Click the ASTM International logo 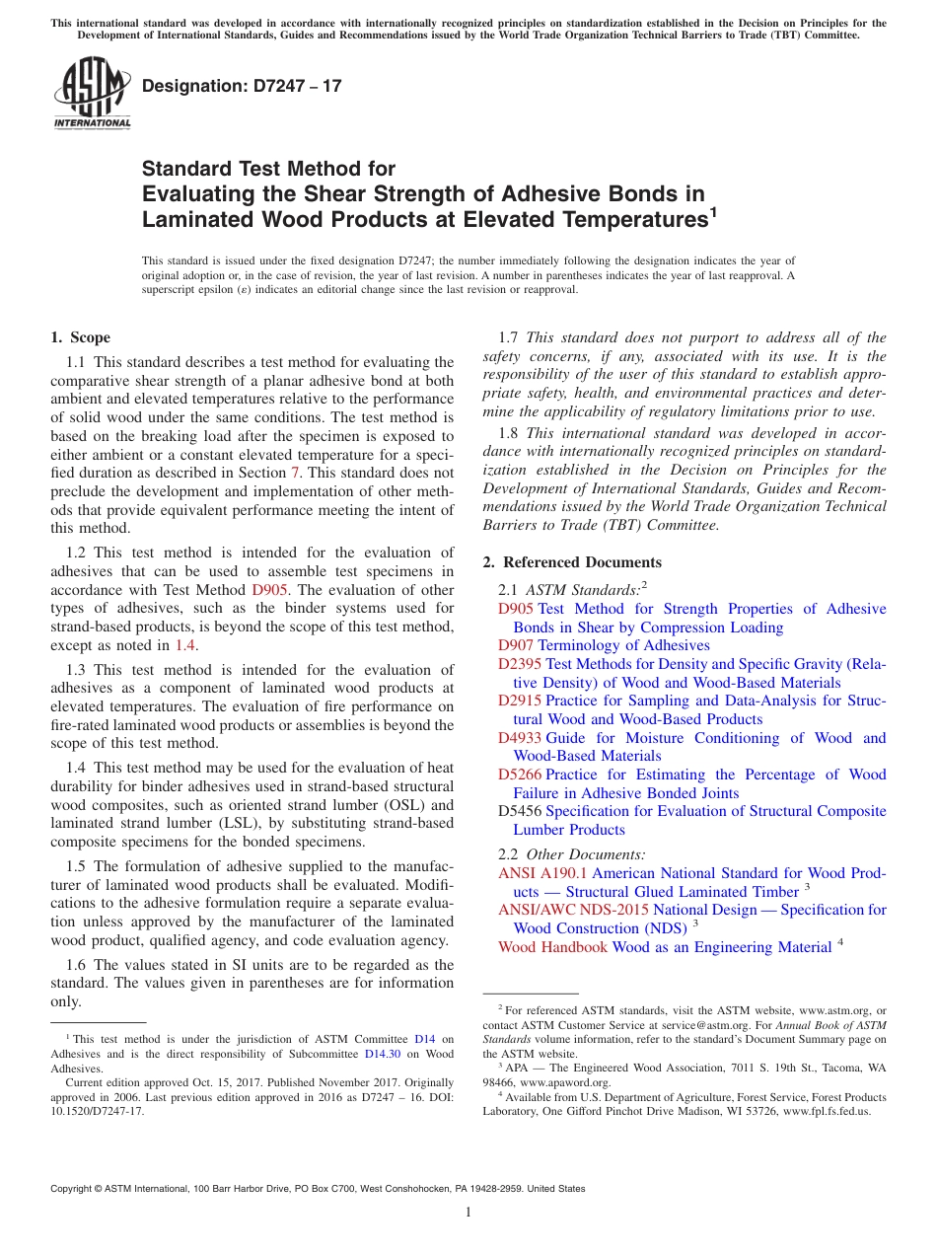pyautogui.click(x=92, y=93)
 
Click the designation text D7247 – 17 pyautogui.click(x=242, y=86)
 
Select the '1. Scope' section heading pyautogui.click(x=80, y=337)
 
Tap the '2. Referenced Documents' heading pyautogui.click(x=572, y=562)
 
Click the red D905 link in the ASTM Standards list pyautogui.click(x=516, y=609)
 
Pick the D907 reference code pyautogui.click(x=516, y=645)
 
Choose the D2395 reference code pyautogui.click(x=520, y=664)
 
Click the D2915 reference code pyautogui.click(x=520, y=701)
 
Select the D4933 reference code pyautogui.click(x=520, y=738)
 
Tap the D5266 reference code pyautogui.click(x=520, y=775)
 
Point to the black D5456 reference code pyautogui.click(x=520, y=811)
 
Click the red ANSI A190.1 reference pyautogui.click(x=542, y=873)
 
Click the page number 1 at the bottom pyautogui.click(x=468, y=1213)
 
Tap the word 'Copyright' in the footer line pyautogui.click(x=75, y=1189)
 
